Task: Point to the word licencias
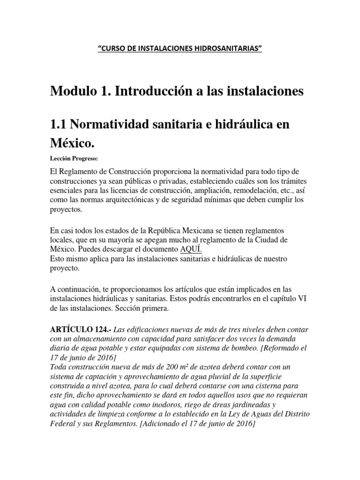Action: [x=127, y=190]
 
